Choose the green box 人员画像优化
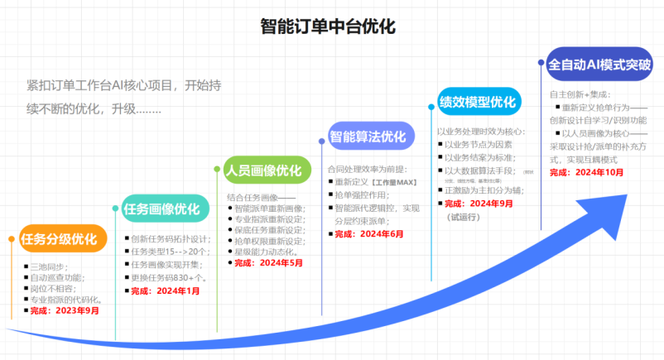[x=263, y=171]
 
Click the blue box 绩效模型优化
[x=479, y=102]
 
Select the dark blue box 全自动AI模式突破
[x=599, y=64]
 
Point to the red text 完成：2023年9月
[x=65, y=310]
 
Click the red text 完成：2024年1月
[x=166, y=290]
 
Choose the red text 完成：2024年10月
[x=587, y=172]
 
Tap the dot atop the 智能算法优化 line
[x=322, y=142]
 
